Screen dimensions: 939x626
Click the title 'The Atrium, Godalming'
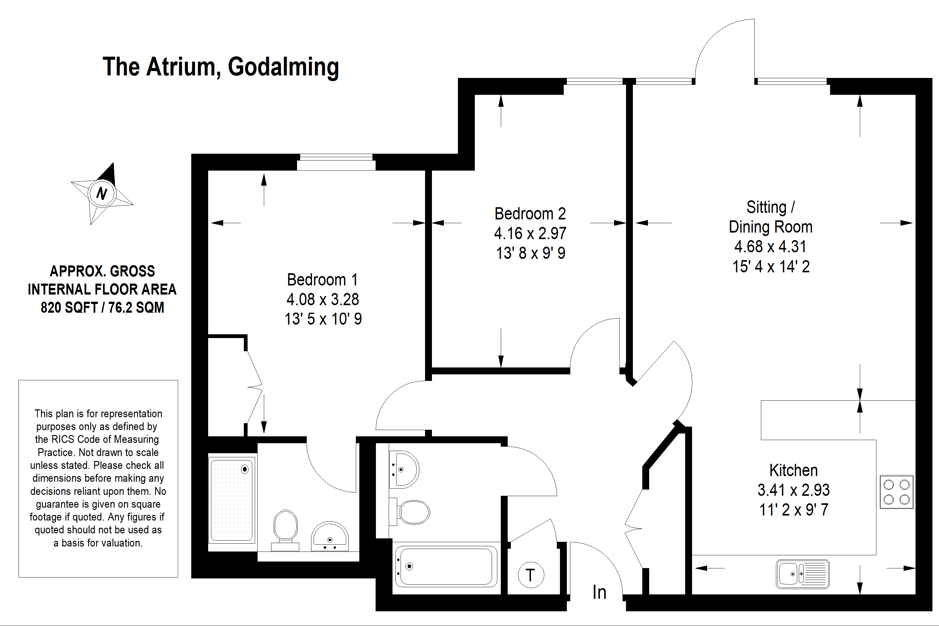[220, 67]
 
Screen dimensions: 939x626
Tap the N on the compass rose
[102, 194]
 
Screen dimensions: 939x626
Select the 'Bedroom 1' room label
[322, 280]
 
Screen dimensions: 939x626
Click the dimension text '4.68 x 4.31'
[770, 247]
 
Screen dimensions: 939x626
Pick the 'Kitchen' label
[793, 471]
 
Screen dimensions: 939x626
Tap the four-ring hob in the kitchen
[896, 492]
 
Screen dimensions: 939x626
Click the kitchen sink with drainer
[803, 574]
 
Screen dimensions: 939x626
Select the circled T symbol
[531, 575]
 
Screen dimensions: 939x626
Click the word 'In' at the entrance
[599, 593]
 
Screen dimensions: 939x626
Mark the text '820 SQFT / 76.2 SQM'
[102, 308]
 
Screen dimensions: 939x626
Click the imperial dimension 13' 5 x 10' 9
[323, 319]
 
